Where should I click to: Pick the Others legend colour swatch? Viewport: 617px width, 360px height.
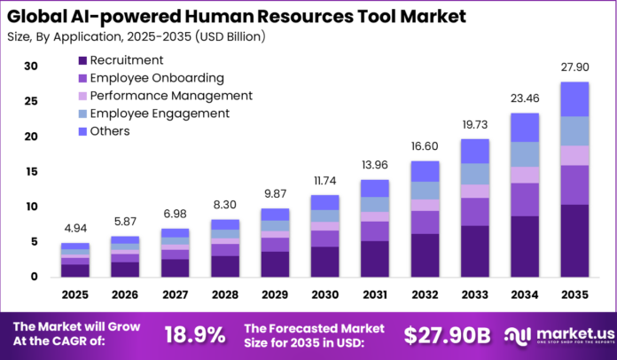[83, 131]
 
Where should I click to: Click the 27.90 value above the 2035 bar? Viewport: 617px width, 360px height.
[574, 68]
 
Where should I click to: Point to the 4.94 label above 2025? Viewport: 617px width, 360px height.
[74, 230]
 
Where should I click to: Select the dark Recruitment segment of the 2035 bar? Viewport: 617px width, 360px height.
[574, 240]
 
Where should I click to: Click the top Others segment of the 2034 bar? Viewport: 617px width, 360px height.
[524, 128]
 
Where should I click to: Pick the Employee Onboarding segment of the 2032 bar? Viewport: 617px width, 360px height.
[425, 222]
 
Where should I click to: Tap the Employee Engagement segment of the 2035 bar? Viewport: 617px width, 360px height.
[574, 131]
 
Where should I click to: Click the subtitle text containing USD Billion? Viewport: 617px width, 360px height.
[133, 36]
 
